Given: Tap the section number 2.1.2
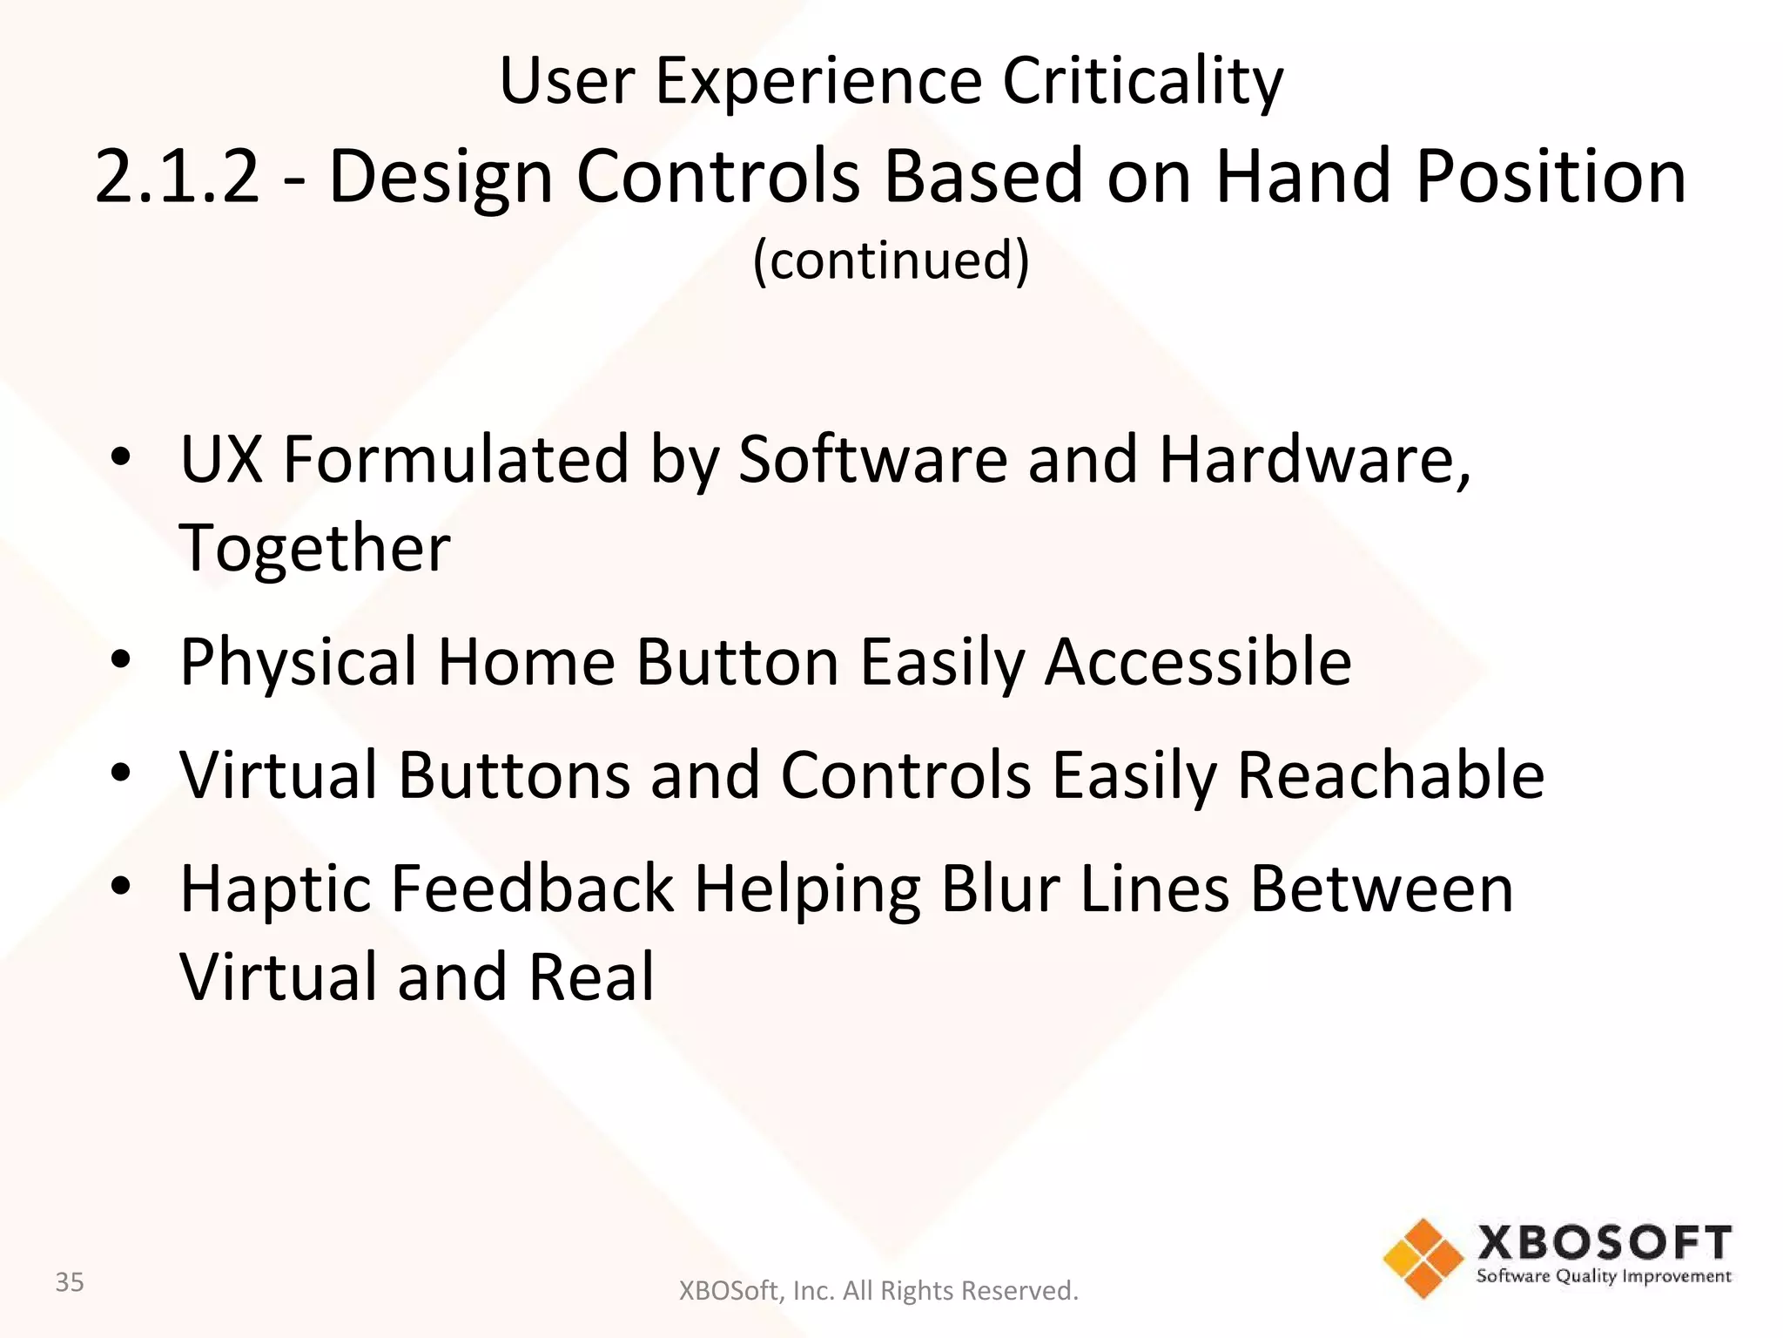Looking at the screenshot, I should pos(177,177).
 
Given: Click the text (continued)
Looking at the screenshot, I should pos(891,260).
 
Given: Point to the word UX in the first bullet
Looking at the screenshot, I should pos(221,459).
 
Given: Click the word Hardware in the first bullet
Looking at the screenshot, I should pos(1313,459).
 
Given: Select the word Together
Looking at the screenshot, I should pos(315,549).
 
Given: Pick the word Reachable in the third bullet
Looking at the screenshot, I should pos(1390,774).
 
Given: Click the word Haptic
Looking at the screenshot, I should pos(274,890).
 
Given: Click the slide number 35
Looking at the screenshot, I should pos(70,1282).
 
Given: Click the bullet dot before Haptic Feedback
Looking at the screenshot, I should pos(121,886).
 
